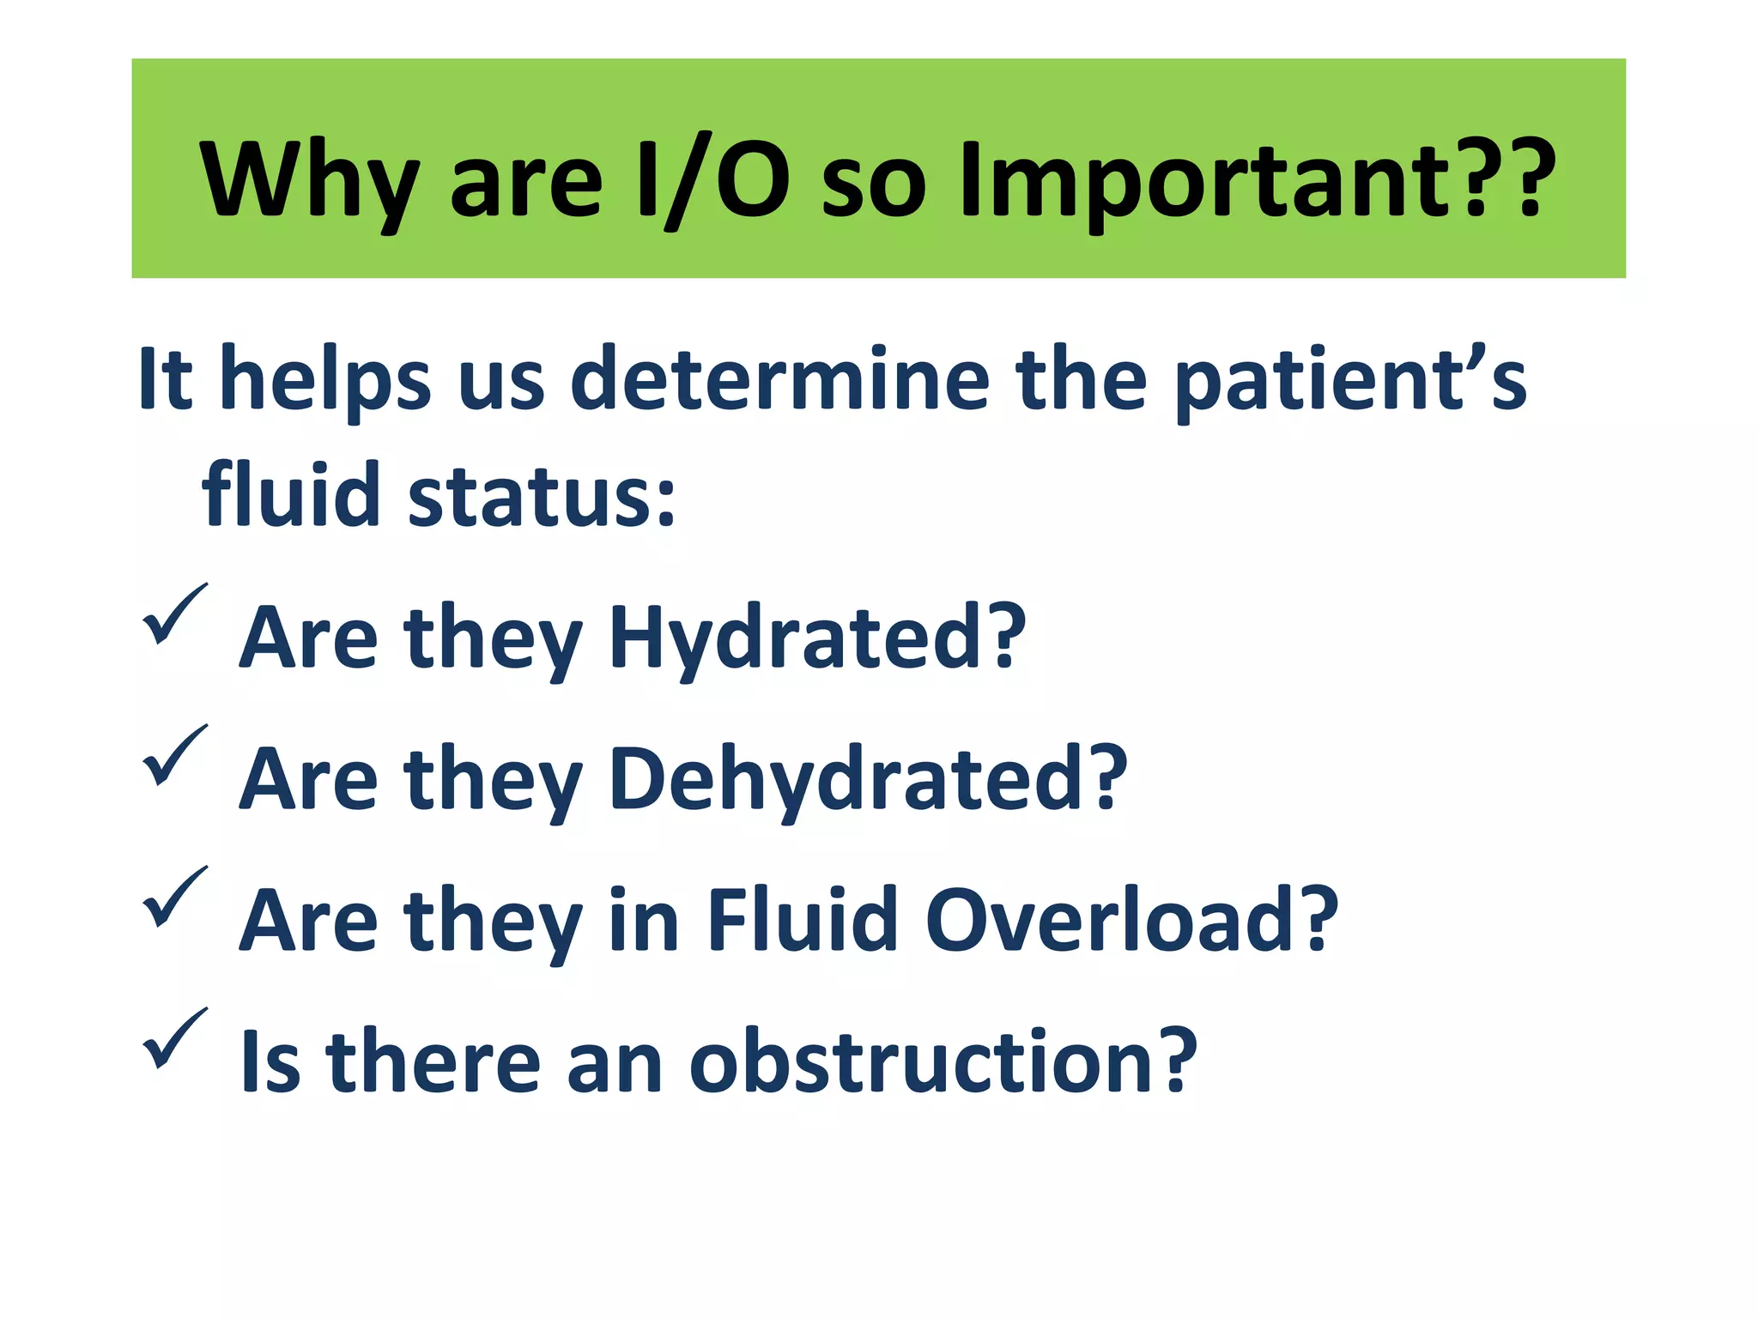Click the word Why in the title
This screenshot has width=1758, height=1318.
(x=309, y=180)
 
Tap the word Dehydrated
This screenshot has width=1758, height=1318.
(x=845, y=778)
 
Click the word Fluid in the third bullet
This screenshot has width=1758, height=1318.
(x=802, y=920)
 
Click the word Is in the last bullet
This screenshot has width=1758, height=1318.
(x=270, y=1061)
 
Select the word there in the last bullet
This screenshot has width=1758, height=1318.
(x=433, y=1061)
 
